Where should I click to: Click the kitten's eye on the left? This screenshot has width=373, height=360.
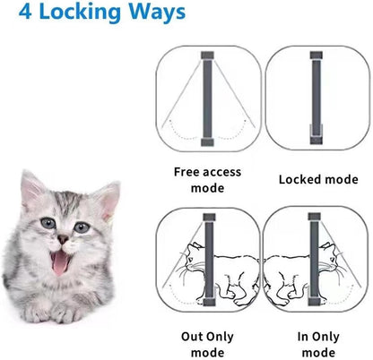click(x=46, y=224)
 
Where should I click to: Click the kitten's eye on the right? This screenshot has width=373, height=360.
click(x=82, y=227)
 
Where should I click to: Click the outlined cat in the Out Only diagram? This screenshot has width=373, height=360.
click(x=233, y=269)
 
